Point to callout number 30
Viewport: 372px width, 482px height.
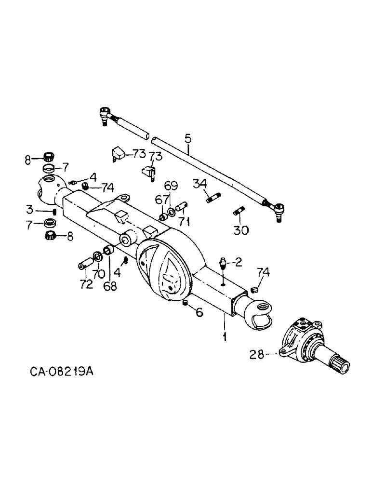pyautogui.click(x=241, y=230)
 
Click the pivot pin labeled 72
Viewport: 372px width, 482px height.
pyautogui.click(x=85, y=264)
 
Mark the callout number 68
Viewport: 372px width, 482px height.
pyautogui.click(x=110, y=286)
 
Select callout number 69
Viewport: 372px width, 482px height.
pyautogui.click(x=171, y=185)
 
